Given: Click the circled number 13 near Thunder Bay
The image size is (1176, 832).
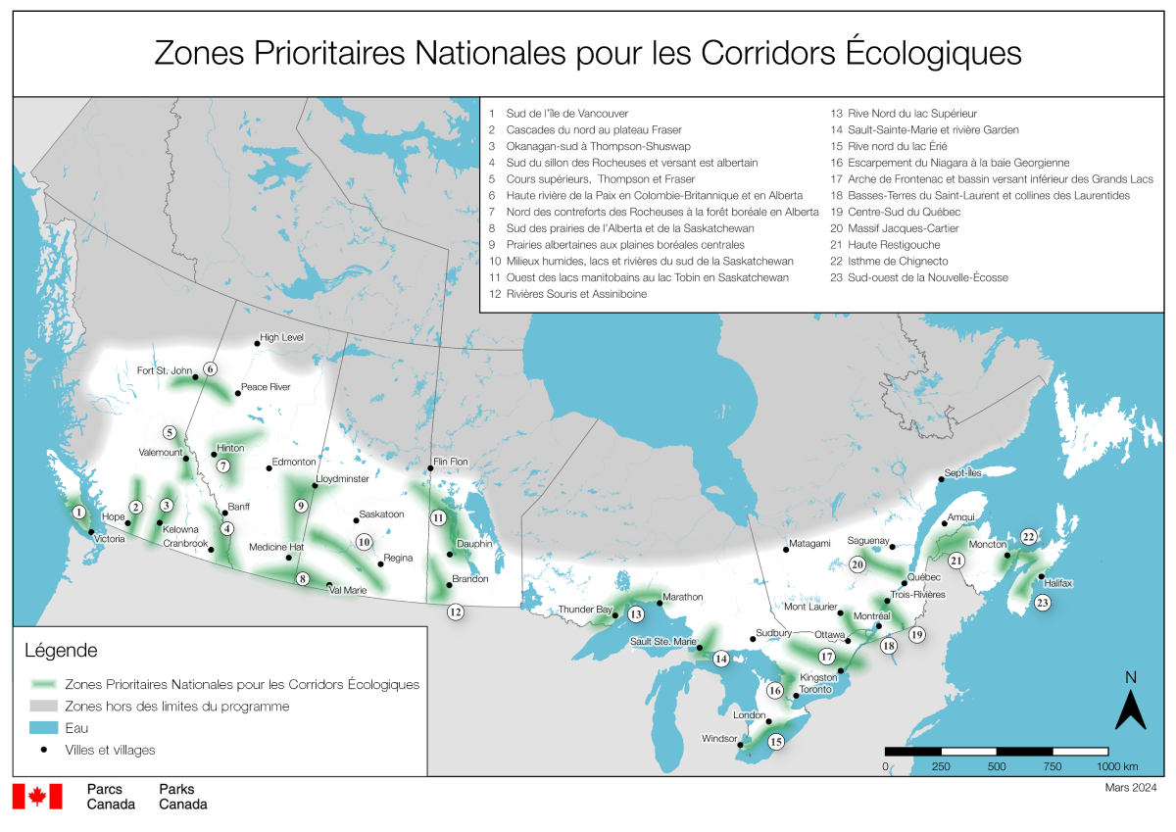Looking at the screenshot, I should [635, 614].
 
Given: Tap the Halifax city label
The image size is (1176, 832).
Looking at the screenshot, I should [1058, 583].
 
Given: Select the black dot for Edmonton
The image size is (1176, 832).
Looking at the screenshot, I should [269, 467].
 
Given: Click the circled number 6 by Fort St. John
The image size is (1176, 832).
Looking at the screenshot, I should [209, 369].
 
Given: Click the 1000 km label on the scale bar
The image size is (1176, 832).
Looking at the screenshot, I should [1118, 765].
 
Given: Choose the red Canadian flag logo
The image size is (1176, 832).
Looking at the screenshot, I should [37, 797].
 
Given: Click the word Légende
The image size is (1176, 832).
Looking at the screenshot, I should [60, 650].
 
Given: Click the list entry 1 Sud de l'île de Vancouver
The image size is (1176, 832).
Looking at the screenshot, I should [559, 113].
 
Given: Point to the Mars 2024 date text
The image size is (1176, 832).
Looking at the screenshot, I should [1131, 787].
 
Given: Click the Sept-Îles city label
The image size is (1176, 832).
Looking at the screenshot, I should [962, 471].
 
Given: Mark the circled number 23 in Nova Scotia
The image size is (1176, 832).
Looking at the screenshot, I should [1042, 603].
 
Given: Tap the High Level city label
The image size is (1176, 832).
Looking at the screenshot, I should [281, 336].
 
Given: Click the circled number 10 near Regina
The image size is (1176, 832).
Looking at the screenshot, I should [364, 541].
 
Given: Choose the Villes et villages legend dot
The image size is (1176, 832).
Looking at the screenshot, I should [44, 750].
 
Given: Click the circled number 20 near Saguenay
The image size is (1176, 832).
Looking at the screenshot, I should [857, 564].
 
